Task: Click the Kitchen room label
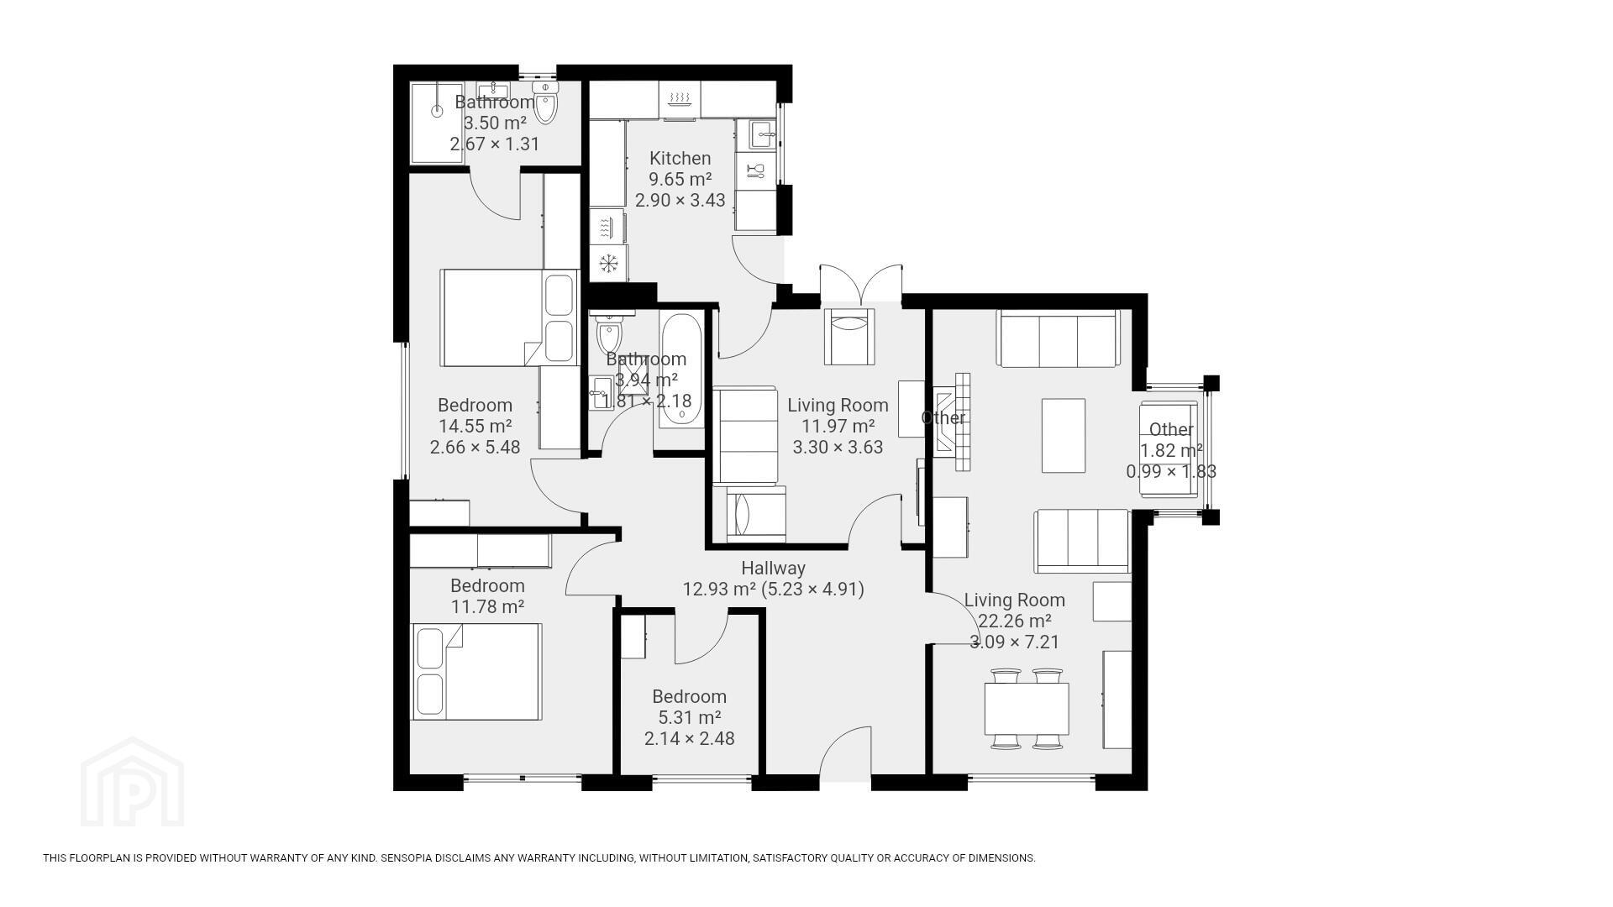pos(680,158)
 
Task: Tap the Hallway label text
pos(773,569)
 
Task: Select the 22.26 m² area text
pos(1014,621)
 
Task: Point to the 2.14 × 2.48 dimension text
pos(689,738)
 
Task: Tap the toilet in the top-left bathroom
pos(546,102)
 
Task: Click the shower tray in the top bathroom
pos(436,123)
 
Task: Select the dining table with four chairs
pos(1027,708)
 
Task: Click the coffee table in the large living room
pos(1064,436)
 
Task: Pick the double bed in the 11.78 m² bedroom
pos(475,672)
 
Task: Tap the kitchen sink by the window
pos(761,134)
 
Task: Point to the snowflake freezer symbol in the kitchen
pos(608,264)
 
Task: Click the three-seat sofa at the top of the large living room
pos(1059,338)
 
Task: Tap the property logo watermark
pos(132,782)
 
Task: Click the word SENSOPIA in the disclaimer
pos(407,858)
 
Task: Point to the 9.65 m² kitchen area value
pos(680,179)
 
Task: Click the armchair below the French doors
pos(849,337)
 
